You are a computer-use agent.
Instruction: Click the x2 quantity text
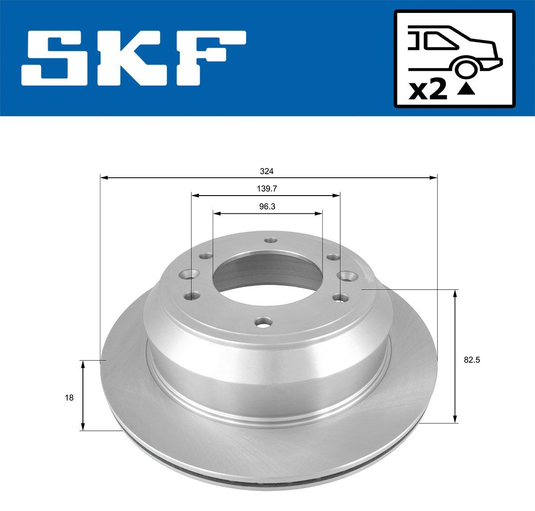click(x=428, y=90)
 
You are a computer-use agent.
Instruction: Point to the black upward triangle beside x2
click(x=466, y=90)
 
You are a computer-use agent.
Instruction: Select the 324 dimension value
click(x=267, y=171)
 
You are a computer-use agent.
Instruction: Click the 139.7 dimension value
click(x=267, y=188)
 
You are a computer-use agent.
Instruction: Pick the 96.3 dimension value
click(x=267, y=206)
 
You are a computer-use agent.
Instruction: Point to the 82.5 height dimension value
click(x=472, y=360)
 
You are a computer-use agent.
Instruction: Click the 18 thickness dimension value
click(x=69, y=398)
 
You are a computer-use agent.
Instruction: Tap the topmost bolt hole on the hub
click(x=269, y=240)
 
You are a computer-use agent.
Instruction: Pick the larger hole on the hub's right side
click(x=346, y=276)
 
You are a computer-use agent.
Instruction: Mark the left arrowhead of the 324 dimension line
click(x=104, y=178)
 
